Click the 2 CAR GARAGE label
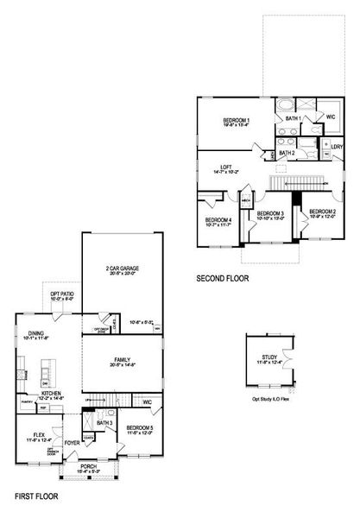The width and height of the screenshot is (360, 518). (x=123, y=268)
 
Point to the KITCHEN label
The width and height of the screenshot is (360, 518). (x=52, y=392)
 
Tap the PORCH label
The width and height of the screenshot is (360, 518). (x=89, y=467)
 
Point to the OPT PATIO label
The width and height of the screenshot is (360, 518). (x=61, y=294)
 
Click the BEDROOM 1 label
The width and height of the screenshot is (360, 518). (x=236, y=120)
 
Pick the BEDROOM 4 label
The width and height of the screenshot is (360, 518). (x=218, y=220)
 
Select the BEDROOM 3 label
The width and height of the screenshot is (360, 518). (x=270, y=213)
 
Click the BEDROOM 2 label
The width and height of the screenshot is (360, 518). (x=322, y=212)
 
